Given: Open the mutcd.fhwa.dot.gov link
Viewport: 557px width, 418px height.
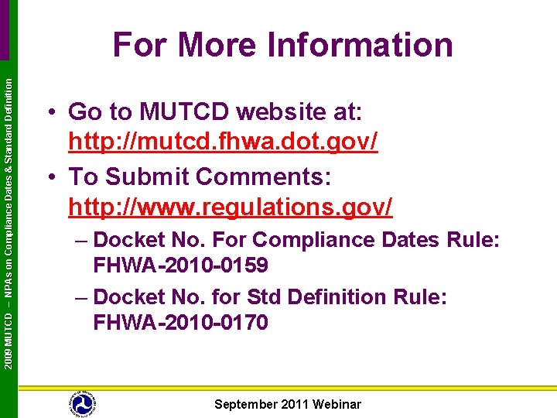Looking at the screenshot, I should click(x=223, y=144).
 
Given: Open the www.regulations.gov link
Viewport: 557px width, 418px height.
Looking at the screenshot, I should click(x=231, y=207).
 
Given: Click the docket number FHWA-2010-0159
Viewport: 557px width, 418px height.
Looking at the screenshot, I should click(x=180, y=266).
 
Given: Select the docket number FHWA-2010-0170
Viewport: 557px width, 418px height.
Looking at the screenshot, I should click(x=180, y=322).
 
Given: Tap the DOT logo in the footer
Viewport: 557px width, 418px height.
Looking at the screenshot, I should click(x=82, y=403).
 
